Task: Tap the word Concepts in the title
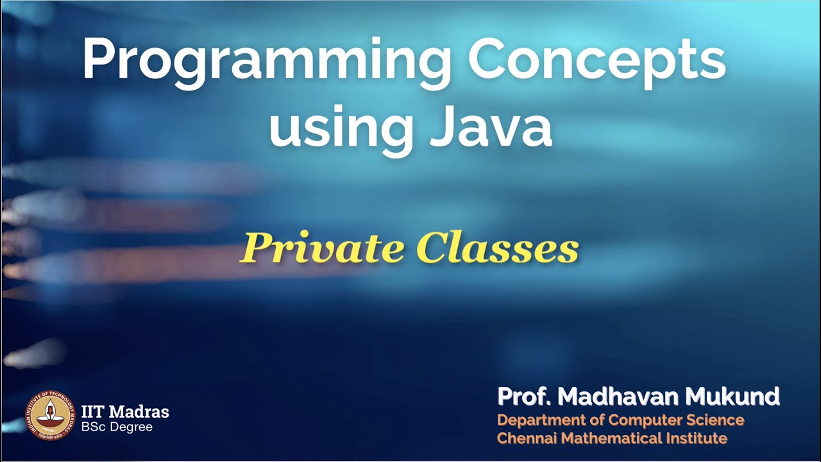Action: [x=597, y=61]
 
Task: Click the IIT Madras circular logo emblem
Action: [x=49, y=415]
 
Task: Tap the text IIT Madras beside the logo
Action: [x=125, y=411]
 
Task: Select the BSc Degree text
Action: [x=117, y=427]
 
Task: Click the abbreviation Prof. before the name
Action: [x=524, y=397]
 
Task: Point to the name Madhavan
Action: [x=618, y=397]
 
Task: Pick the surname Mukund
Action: [x=732, y=397]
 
